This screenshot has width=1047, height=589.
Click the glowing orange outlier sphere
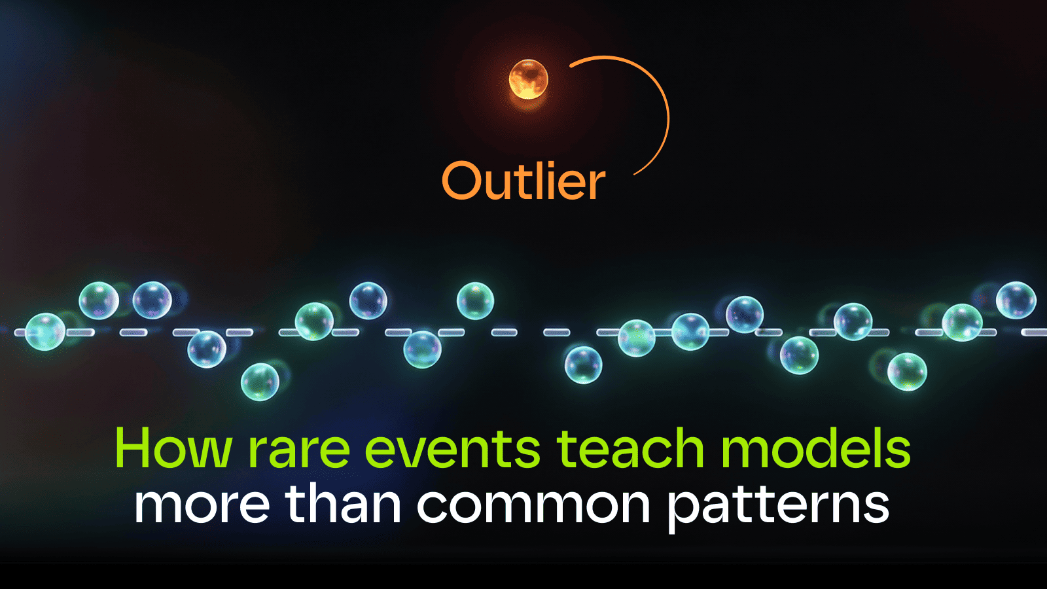click(x=528, y=79)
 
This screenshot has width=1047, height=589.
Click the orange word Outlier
click(x=523, y=181)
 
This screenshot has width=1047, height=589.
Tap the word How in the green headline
click(x=173, y=449)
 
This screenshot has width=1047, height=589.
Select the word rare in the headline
click(x=298, y=450)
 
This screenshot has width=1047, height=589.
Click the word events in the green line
click(x=452, y=449)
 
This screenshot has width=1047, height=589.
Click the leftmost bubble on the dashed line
click(x=44, y=332)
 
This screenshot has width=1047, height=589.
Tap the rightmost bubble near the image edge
click(x=1016, y=300)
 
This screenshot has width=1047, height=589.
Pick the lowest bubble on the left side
click(x=260, y=382)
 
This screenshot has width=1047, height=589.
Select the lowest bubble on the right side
click(x=906, y=371)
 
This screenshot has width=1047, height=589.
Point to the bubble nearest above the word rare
click(x=260, y=382)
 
